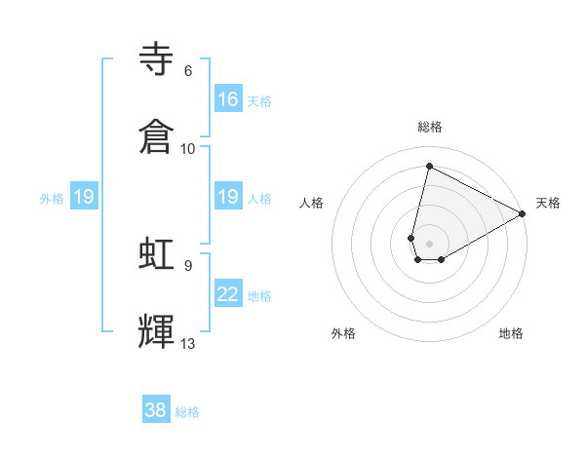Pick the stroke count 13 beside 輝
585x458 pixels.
[188, 343]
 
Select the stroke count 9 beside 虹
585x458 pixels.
[187, 264]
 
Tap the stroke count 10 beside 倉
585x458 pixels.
[188, 148]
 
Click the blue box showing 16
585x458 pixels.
[228, 99]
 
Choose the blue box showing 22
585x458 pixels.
[228, 294]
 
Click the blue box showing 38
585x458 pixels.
[156, 410]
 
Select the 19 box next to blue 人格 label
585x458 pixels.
[228, 197]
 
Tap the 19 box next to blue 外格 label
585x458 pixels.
[84, 197]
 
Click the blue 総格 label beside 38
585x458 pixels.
[187, 412]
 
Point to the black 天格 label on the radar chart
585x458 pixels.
[548, 203]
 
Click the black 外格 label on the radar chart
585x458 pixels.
[343, 333]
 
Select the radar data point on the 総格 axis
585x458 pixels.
[429, 167]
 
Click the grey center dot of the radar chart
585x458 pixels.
[430, 243]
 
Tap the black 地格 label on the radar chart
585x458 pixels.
[511, 333]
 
